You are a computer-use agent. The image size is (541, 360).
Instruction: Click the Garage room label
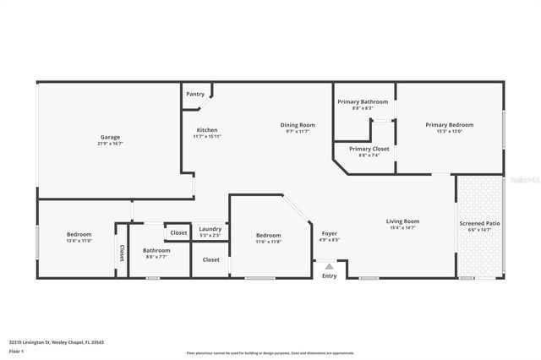[110, 137]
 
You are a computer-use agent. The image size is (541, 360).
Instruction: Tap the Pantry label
[195, 94]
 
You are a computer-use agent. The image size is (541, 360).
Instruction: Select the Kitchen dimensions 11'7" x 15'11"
[206, 137]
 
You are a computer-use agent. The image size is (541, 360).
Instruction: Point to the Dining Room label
[298, 125]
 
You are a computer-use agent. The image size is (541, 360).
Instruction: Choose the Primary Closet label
[369, 148]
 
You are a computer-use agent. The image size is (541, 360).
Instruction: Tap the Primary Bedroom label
[449, 125]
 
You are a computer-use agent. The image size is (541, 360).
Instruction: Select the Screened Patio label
[478, 223]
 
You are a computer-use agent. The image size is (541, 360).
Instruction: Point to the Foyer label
[330, 233]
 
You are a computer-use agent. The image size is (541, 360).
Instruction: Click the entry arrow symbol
[330, 265]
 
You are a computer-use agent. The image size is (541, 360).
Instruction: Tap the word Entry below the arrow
[330, 275]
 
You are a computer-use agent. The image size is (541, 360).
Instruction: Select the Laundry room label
[210, 228]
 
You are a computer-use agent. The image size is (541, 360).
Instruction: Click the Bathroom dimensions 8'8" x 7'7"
[156, 257]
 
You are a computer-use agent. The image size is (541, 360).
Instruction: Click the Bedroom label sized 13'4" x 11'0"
[79, 234]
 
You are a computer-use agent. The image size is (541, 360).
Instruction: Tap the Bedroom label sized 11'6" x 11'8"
[269, 235]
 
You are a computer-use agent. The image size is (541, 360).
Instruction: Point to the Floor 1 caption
[16, 350]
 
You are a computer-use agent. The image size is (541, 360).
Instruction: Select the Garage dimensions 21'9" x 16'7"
[110, 144]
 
